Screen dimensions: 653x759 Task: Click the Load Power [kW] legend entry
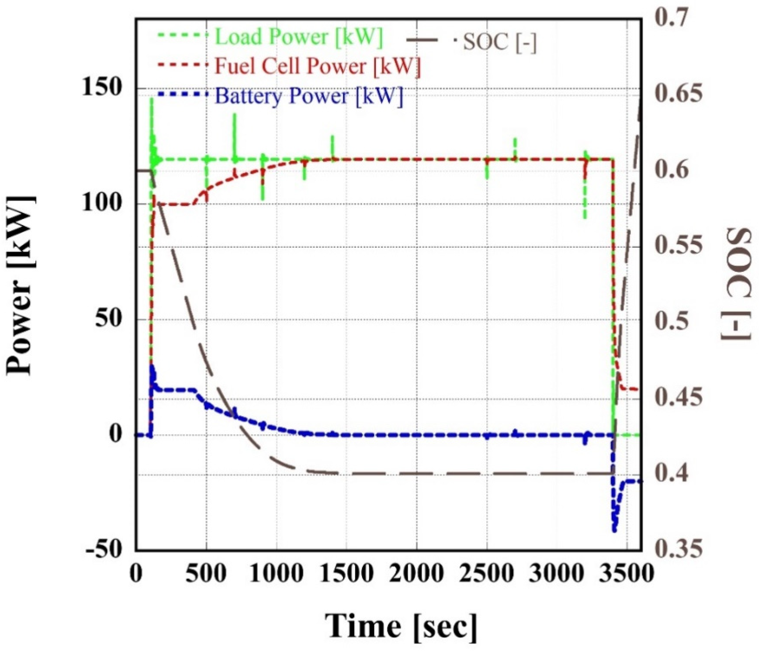(299, 37)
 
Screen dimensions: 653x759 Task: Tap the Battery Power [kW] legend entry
(309, 96)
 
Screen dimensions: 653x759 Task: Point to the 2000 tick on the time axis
(417, 573)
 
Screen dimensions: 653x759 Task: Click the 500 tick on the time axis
(206, 573)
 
